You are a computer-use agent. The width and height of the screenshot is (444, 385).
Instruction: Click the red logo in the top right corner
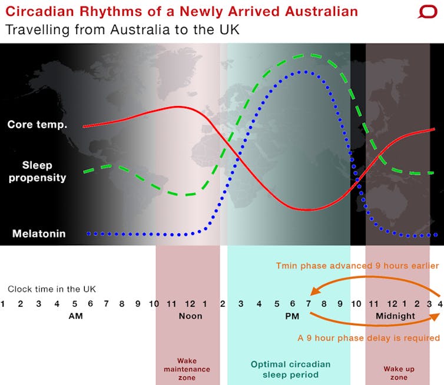point(428,12)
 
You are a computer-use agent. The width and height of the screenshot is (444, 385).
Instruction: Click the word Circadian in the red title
point(39,12)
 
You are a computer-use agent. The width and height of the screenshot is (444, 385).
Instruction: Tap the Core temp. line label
point(37,125)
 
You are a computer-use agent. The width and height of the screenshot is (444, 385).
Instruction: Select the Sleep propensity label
point(37,171)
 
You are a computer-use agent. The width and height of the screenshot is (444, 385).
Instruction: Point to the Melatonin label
point(39,234)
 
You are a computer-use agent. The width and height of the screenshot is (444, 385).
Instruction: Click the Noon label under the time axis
point(190,316)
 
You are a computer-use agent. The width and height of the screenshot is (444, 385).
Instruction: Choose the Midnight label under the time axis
point(395,316)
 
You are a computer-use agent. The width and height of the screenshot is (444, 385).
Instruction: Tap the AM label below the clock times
point(75,316)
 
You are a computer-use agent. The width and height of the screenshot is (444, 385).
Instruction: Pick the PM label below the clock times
point(292,316)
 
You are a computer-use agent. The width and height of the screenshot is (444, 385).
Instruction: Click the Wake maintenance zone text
point(187,369)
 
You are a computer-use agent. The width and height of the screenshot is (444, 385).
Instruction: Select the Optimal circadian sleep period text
point(290,370)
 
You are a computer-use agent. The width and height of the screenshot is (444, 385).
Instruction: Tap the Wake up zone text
point(399,373)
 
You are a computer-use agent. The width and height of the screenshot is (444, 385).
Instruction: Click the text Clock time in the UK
point(52,289)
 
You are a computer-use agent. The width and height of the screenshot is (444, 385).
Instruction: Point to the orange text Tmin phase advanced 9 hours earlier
point(357,266)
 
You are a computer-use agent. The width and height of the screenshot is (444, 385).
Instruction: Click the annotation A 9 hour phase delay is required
point(369,338)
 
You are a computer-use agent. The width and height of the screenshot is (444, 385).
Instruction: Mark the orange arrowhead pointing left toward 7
point(315,291)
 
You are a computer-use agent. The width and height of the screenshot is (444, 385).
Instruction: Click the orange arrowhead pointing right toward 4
point(435,317)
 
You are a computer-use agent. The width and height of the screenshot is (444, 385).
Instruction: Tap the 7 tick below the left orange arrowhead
point(309,304)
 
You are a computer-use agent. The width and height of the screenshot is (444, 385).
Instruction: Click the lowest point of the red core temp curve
point(306,210)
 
